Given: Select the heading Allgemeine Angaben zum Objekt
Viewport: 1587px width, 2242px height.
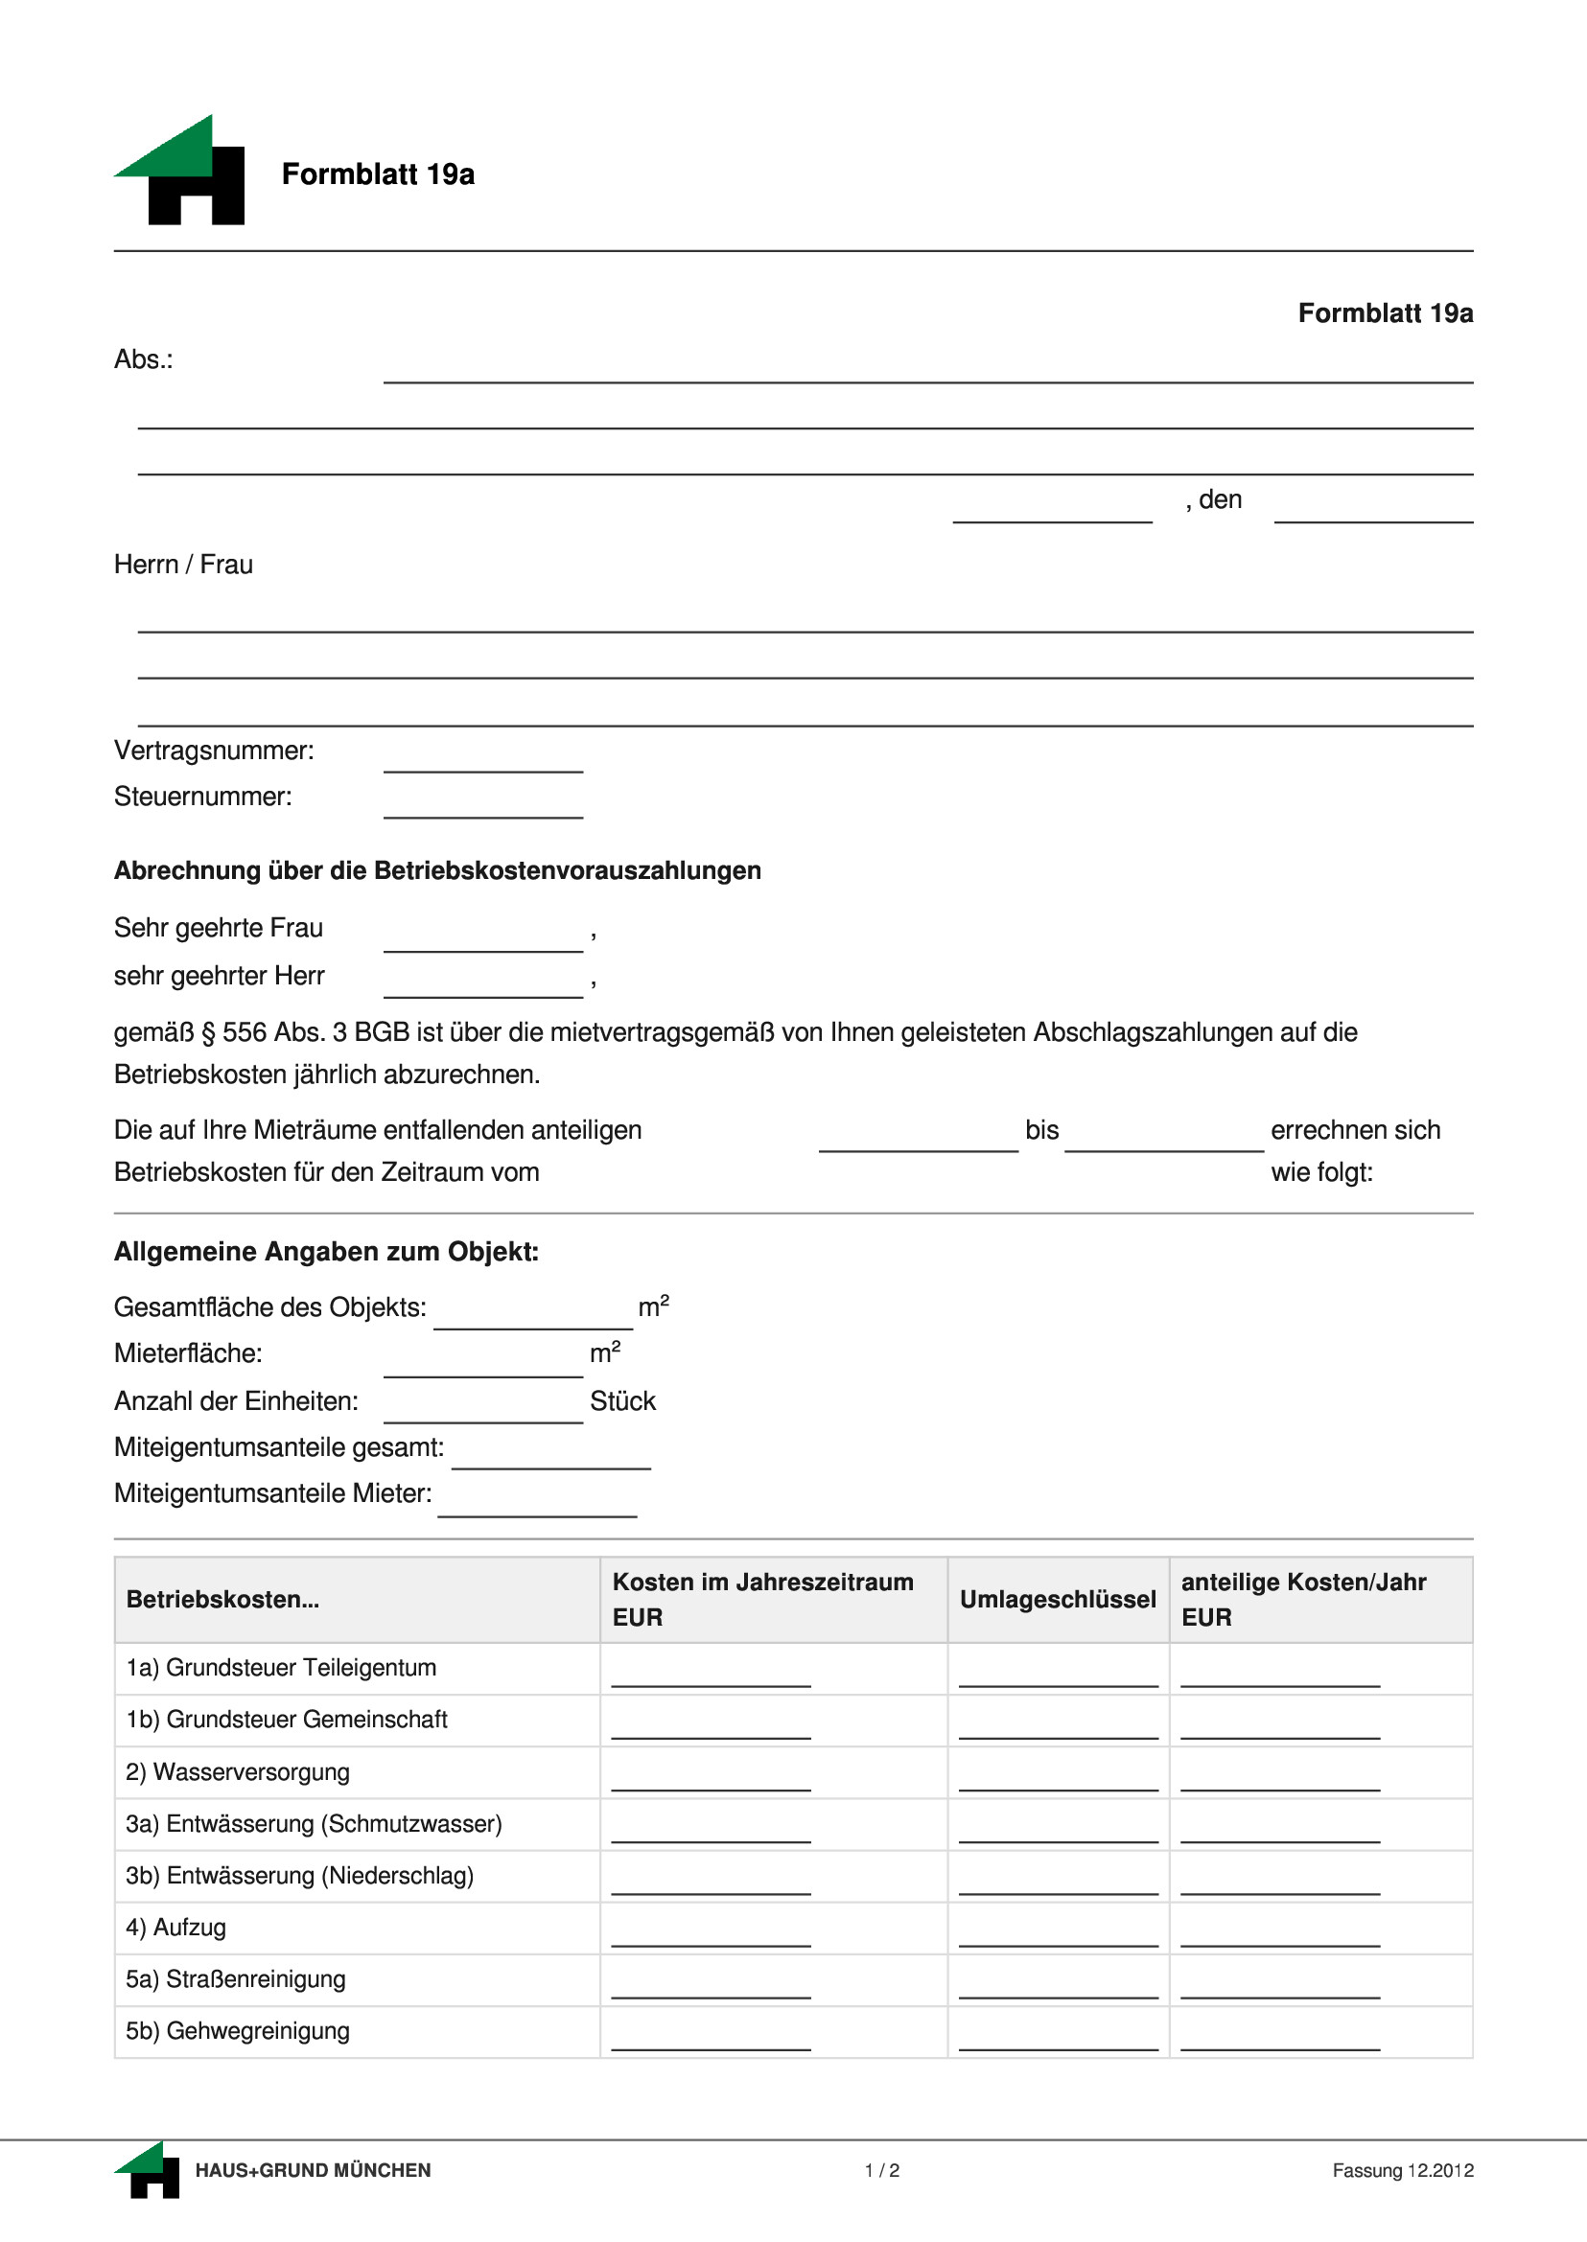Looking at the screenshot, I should pos(326,1252).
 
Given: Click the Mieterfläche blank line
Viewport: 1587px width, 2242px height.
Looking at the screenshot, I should pos(482,1365).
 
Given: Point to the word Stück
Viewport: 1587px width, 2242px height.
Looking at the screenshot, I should pos(622,1400).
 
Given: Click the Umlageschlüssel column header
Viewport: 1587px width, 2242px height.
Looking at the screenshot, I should pos(1058,1599).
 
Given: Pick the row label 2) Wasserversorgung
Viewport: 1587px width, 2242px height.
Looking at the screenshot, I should pos(238,1772).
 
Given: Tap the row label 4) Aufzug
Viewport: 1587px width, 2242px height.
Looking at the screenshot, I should pos(175,1928).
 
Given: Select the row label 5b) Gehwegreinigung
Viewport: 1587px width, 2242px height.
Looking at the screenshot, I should pos(238,2031).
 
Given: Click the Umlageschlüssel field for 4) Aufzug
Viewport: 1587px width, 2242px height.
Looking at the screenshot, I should pos(1058,1934).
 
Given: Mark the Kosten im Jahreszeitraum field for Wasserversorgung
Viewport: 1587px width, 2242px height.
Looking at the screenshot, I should pos(711,1779).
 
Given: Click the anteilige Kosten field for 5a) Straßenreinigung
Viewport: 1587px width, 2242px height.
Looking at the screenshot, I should pos(1280,1986).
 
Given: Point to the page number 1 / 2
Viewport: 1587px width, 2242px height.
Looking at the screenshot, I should pos(881,2171).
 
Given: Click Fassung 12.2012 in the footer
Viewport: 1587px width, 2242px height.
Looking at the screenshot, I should pos(1402,2171).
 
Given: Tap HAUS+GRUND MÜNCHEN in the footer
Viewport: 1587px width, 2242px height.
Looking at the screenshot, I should pos(313,2171).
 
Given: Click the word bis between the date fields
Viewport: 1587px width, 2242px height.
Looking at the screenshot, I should pos(1041,1130).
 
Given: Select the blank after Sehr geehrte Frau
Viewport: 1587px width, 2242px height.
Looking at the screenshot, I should pos(482,938).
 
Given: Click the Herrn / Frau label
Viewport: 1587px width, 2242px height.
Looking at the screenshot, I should pos(184,565).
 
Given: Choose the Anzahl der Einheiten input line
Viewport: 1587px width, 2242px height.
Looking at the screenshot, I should pos(482,1411).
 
